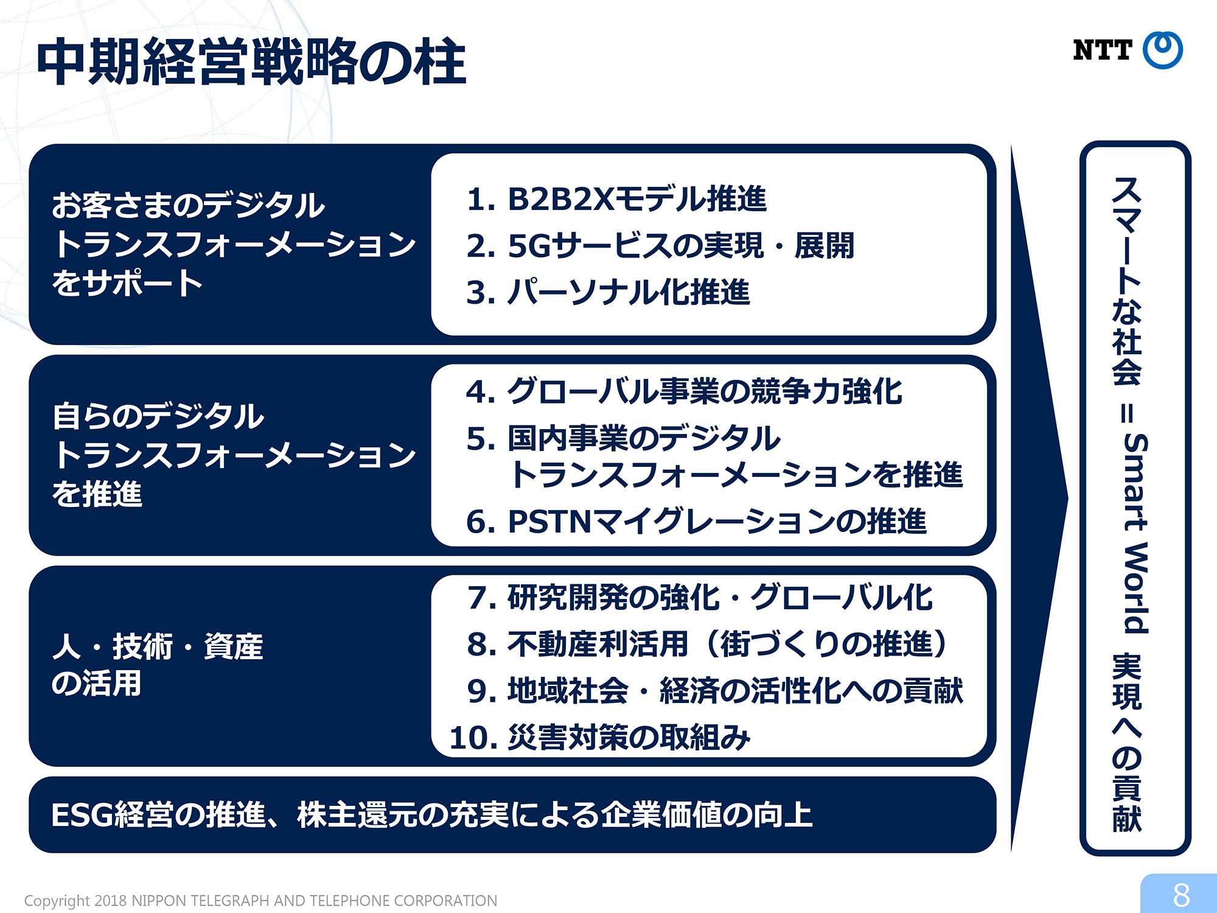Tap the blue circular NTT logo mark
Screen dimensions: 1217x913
(1163, 50)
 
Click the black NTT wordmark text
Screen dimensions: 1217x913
(1103, 50)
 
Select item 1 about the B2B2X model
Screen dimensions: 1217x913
(616, 198)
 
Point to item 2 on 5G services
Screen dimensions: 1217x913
(660, 245)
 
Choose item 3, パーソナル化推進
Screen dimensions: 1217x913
(608, 292)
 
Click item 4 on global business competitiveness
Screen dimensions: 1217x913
(684, 391)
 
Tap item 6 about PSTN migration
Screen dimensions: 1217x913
(696, 522)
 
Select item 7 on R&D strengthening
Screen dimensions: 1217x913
(700, 597)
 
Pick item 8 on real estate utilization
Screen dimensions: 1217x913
(708, 644)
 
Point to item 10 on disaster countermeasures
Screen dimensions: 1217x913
(600, 738)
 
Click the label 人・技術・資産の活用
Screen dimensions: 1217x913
(158, 665)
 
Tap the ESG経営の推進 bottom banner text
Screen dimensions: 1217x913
(432, 815)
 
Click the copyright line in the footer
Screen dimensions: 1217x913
(260, 901)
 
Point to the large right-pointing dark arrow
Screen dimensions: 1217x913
(1039, 499)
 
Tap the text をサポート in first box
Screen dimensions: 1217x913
(127, 283)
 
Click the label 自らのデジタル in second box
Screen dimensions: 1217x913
(158, 416)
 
